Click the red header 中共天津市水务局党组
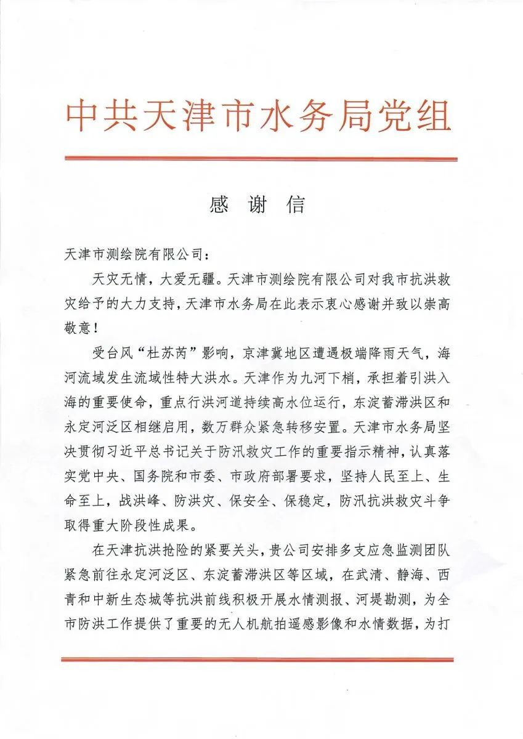(x=259, y=115)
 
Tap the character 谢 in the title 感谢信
(x=257, y=206)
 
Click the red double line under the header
(x=261, y=159)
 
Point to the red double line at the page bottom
(x=261, y=661)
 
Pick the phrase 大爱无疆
(x=187, y=280)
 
